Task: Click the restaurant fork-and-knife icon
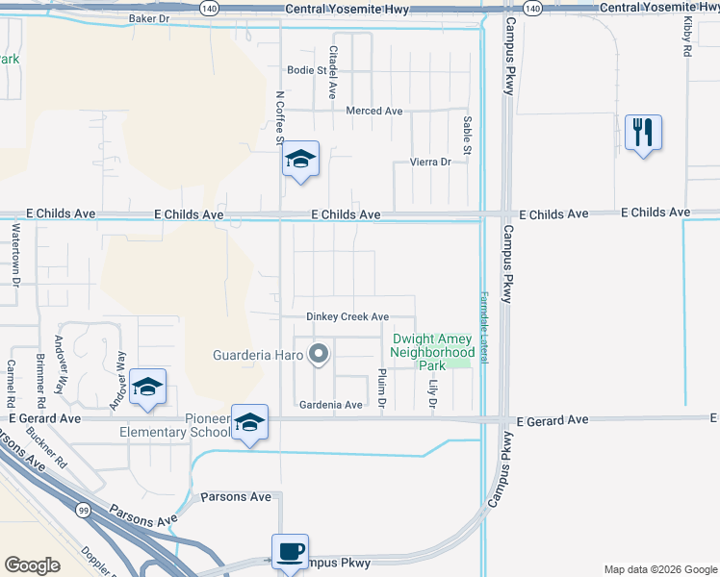pos(643,132)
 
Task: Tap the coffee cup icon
pos(290,553)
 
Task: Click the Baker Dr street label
pos(148,18)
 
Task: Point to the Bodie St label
pos(307,70)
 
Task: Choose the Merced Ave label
pos(374,112)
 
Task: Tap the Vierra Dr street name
pos(430,163)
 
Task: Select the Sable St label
pos(467,135)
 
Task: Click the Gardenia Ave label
pos(330,405)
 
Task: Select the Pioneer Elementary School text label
pos(173,425)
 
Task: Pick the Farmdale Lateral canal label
pos(485,327)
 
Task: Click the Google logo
pos(33,565)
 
